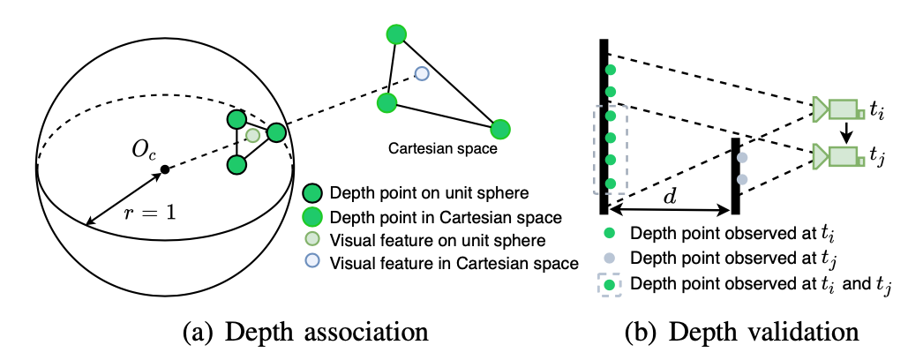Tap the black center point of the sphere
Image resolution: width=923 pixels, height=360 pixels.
[164, 169]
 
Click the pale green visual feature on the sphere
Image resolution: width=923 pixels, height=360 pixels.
[254, 135]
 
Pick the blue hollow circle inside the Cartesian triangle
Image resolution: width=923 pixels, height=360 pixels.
[422, 73]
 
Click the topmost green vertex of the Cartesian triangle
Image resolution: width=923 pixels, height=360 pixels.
[396, 34]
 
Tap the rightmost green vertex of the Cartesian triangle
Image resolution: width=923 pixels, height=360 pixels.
[501, 129]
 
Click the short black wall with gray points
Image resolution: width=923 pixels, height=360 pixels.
[734, 176]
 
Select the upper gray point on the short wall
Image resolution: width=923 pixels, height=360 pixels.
[742, 158]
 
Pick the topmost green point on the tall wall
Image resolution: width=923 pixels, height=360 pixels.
[610, 70]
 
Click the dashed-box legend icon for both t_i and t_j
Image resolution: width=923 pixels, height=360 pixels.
[610, 285]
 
